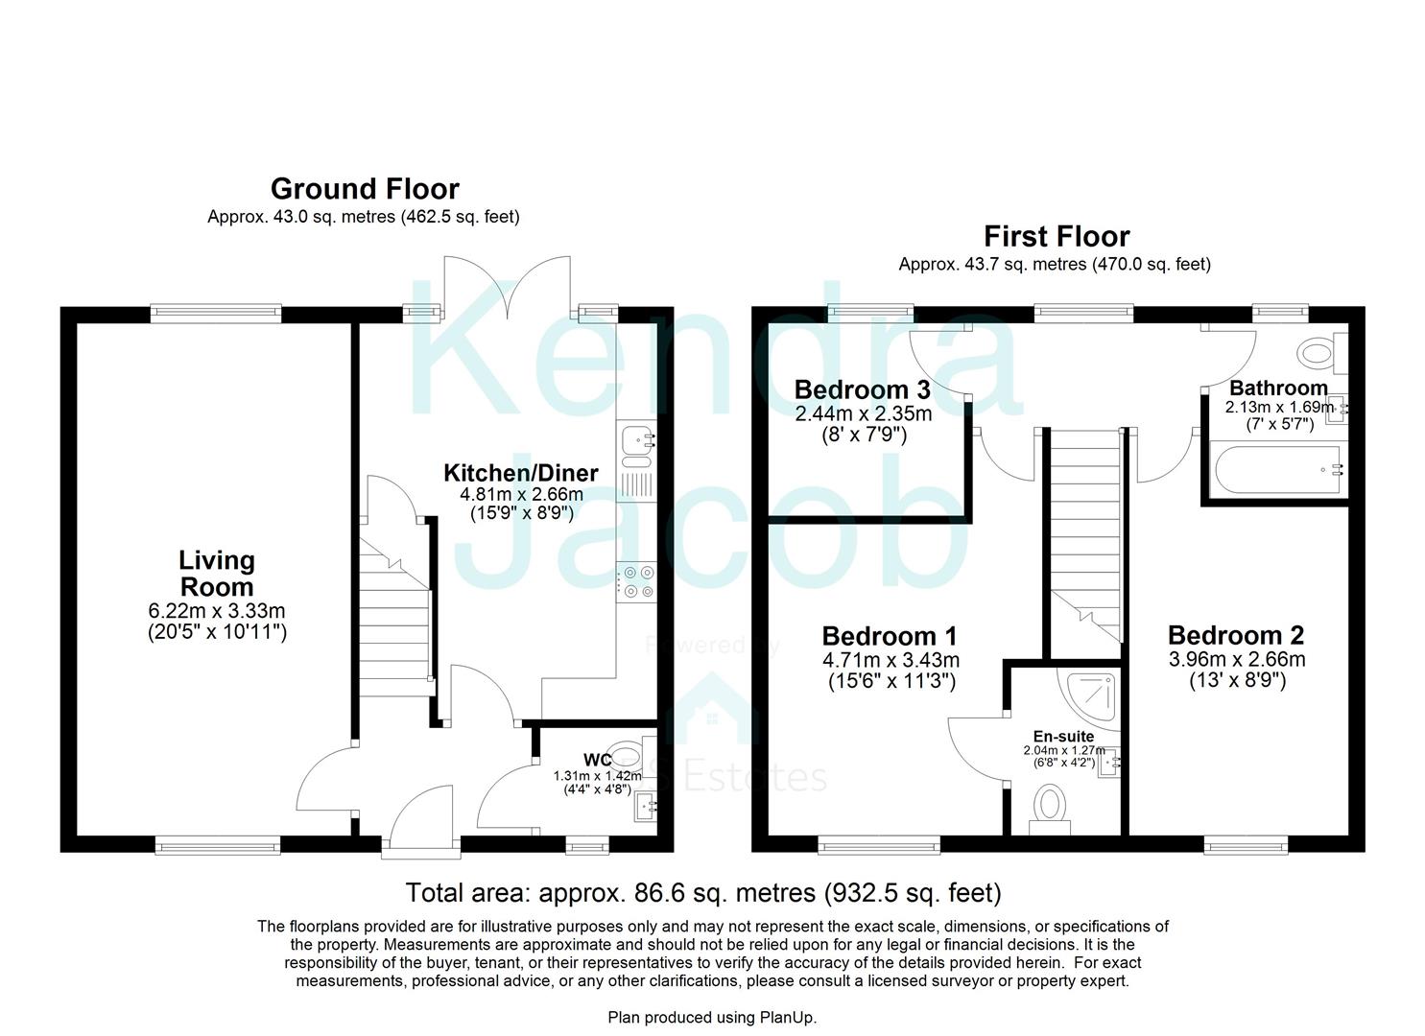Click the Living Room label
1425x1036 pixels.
[x=217, y=574]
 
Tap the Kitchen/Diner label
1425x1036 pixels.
[x=520, y=473]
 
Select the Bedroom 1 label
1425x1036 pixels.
[x=890, y=636]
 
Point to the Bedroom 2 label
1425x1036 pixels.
[x=1236, y=635]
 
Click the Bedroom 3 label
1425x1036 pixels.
[x=862, y=390]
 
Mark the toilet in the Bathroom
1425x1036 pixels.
[x=1320, y=353]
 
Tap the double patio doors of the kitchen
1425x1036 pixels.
[x=508, y=285]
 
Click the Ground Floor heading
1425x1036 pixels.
[x=365, y=188]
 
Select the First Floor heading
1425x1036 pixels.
[x=1056, y=236]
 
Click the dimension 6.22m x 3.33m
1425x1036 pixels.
[x=217, y=611]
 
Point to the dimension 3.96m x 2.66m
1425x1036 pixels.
[x=1236, y=660]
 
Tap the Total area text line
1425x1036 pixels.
[x=703, y=893]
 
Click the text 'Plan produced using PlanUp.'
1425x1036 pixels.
[x=712, y=1017]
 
